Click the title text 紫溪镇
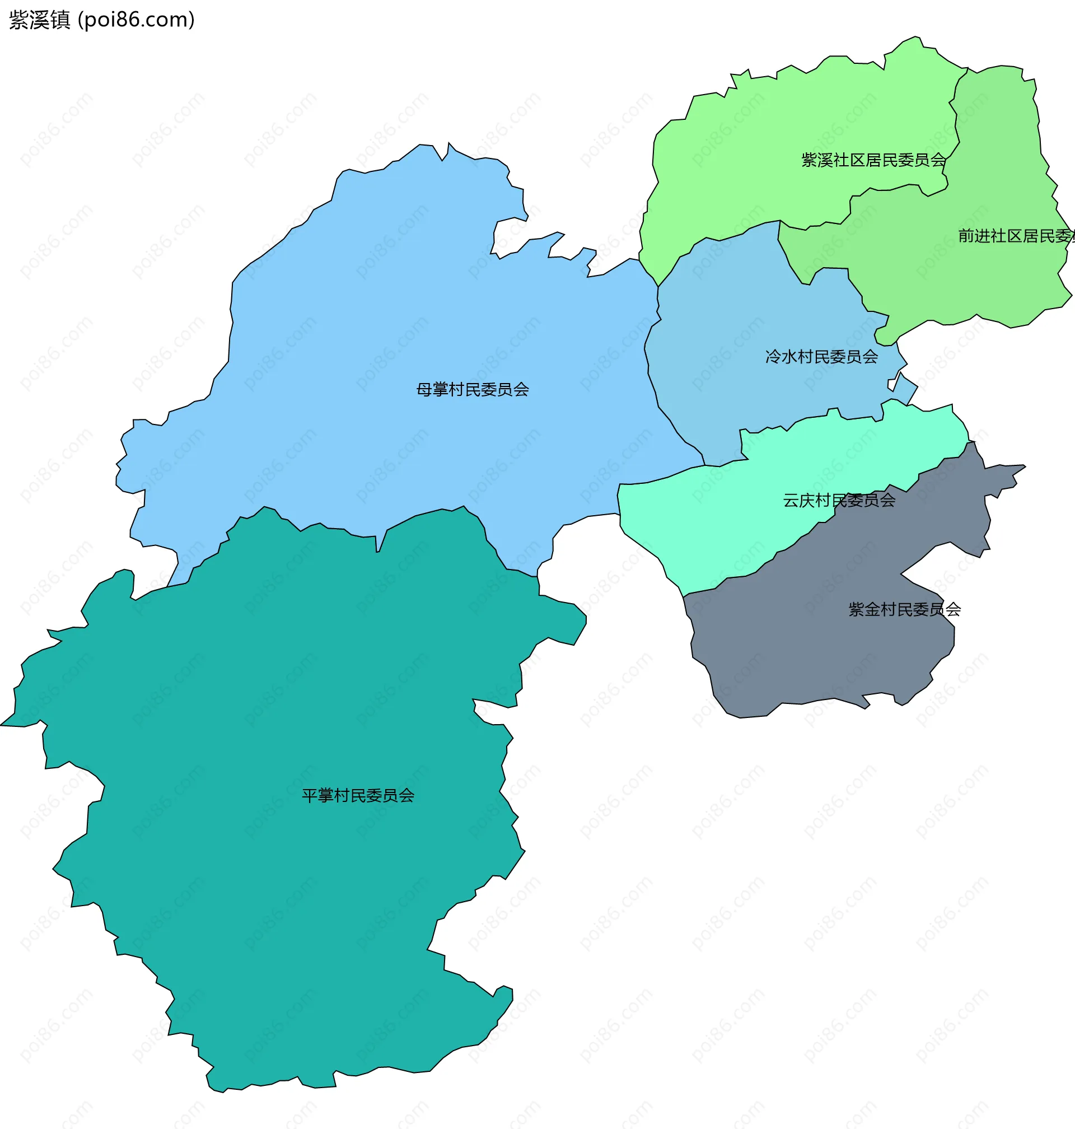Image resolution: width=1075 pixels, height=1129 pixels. click(x=40, y=20)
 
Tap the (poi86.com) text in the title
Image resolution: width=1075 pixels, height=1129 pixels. click(x=137, y=20)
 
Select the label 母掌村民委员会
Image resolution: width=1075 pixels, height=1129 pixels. click(x=472, y=390)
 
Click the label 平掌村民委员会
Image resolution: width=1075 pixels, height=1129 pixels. click(x=358, y=795)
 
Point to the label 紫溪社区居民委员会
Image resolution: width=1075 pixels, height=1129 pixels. click(x=873, y=161)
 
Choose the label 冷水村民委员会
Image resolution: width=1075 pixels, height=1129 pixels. click(x=821, y=357)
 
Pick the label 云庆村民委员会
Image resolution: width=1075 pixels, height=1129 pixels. click(x=839, y=500)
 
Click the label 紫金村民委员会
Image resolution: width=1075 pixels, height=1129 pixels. click(x=904, y=609)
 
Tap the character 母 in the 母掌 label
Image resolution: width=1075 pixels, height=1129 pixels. click(x=424, y=390)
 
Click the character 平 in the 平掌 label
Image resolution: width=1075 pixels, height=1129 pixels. click(x=310, y=795)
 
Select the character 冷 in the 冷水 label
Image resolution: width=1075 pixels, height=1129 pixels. click(x=773, y=357)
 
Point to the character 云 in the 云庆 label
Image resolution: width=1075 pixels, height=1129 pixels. click(x=791, y=500)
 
